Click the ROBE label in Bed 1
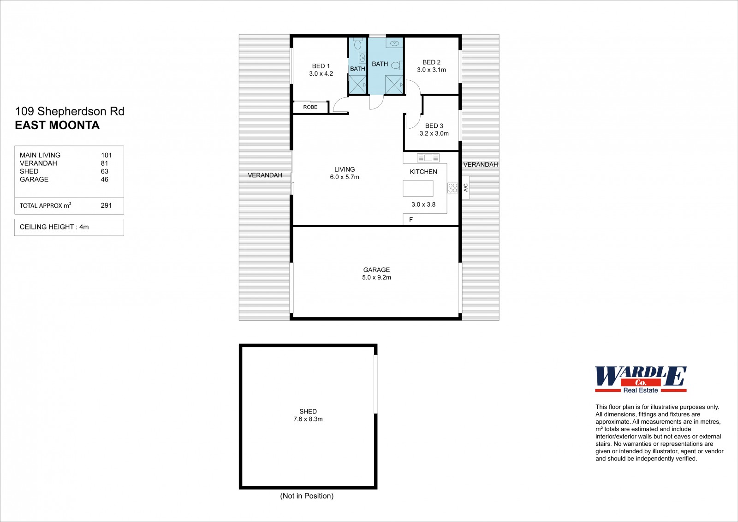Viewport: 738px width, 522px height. coord(310,107)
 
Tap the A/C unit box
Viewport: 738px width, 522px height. coord(465,188)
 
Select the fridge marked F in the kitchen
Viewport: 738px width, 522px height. coord(411,219)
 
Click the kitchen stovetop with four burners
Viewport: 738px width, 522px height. coord(452,188)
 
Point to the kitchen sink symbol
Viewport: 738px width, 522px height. coord(428,158)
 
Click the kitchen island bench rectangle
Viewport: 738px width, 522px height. coord(418,189)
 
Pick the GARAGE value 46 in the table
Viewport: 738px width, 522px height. coord(104,180)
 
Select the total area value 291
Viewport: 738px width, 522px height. coord(106,205)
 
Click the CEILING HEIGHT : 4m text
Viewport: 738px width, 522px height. coord(54,227)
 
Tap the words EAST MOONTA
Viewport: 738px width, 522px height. coord(57,125)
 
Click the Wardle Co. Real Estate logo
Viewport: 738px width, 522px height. coord(641,379)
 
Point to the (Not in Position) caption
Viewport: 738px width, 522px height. coord(307,496)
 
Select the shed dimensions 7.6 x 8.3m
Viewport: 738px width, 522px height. coord(308,419)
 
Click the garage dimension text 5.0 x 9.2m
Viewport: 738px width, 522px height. coord(376,277)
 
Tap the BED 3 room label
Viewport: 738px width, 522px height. coord(434,126)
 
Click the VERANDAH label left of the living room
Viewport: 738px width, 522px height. coord(265,175)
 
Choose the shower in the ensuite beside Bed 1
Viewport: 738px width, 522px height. coord(357,84)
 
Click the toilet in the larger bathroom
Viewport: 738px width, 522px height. coord(397,66)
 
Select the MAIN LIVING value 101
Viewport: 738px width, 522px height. coord(106,155)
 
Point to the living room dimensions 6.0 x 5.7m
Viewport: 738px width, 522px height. coord(345,177)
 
